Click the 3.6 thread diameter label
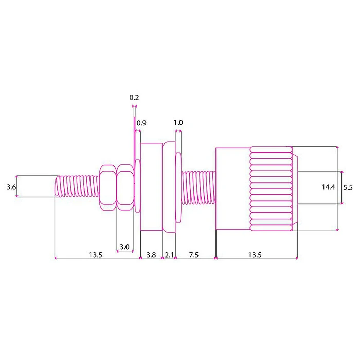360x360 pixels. click(x=11, y=188)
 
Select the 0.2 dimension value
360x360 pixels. click(x=134, y=97)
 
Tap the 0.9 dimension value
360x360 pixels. click(x=141, y=123)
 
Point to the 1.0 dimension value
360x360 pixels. click(x=178, y=123)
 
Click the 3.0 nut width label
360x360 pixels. click(x=124, y=247)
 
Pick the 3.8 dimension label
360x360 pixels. click(x=151, y=255)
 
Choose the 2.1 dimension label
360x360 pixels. click(x=169, y=255)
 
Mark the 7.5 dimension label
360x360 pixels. click(x=194, y=255)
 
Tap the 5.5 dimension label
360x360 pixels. click(x=348, y=188)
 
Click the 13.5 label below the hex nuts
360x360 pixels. click(x=95, y=255)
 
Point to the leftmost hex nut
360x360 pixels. click(x=107, y=188)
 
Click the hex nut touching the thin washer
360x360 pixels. click(x=125, y=188)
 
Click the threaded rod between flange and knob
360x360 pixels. click(x=198, y=188)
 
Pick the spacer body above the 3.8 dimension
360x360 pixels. click(x=151, y=188)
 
